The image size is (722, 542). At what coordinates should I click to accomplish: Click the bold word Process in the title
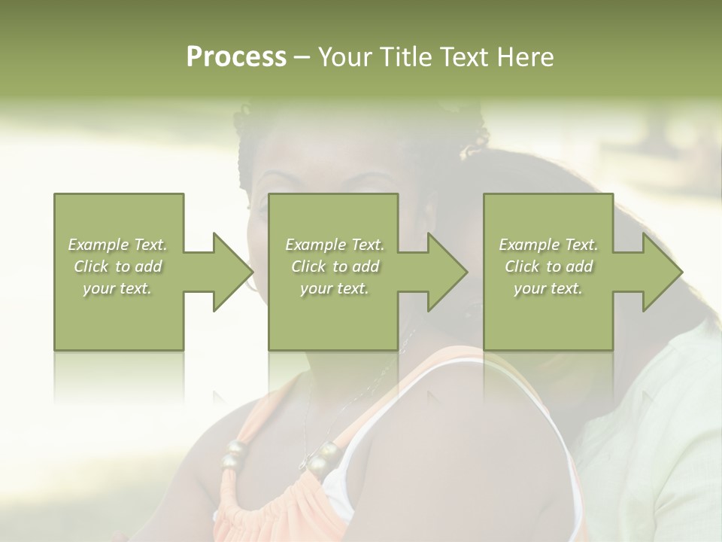click(236, 57)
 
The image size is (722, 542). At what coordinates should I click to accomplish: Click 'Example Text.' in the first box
click(117, 245)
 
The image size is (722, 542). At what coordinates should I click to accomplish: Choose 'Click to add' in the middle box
click(335, 266)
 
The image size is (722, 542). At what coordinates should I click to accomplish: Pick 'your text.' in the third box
click(548, 288)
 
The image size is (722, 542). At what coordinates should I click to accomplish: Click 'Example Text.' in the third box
click(548, 245)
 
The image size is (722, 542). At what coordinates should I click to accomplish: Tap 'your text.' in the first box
click(117, 288)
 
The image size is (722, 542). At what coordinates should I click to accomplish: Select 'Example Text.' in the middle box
click(335, 245)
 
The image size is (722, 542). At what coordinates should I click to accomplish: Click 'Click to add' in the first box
click(117, 266)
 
